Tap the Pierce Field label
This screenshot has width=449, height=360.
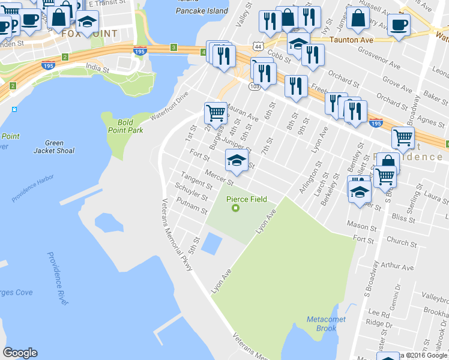click(246, 199)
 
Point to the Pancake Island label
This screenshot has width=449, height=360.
click(202, 11)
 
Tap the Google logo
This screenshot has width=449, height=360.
click(20, 353)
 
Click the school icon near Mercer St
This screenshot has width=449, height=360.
click(237, 160)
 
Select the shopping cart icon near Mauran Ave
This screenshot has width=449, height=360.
click(215, 112)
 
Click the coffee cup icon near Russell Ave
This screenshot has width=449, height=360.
click(399, 25)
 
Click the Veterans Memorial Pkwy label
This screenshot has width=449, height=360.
click(178, 234)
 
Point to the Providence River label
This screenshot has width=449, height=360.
click(58, 278)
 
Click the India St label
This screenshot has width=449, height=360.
click(97, 69)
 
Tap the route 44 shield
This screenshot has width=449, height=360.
click(257, 46)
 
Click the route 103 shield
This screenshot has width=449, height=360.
click(255, 86)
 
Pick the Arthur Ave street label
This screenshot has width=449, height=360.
click(397, 267)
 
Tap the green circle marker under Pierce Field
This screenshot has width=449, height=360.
click(236, 208)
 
